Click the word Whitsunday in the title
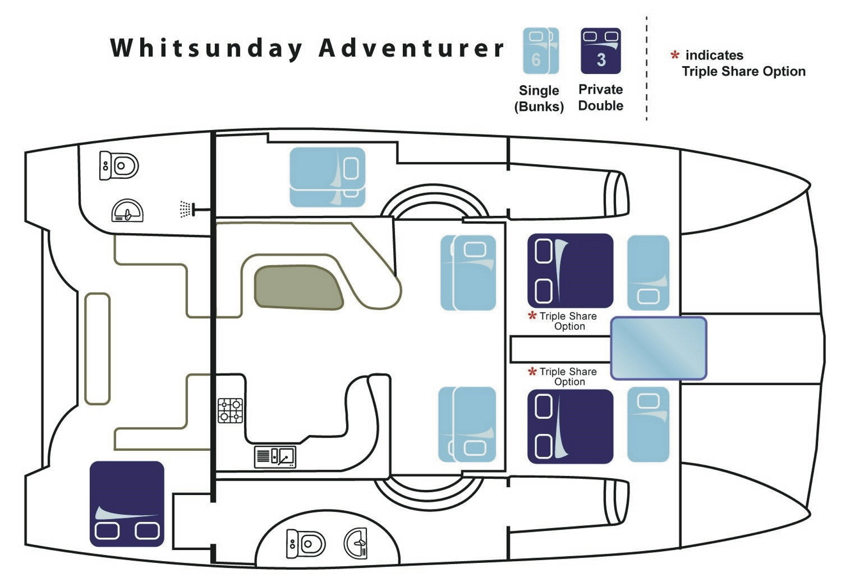pos(206,48)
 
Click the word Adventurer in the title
pos(412,48)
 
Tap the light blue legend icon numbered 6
pos(541,51)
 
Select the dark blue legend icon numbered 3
pos(601,51)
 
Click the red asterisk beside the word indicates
pos(675,56)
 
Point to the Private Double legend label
pos(601,97)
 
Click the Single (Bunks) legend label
pos(539,98)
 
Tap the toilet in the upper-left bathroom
pos(119,165)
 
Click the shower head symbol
pos(186,209)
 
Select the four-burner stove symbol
pos(230,410)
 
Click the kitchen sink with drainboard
pos(275,457)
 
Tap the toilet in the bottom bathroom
pos(305,544)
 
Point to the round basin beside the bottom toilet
pos(356,543)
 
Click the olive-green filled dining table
pos(298,287)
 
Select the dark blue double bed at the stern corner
pos(127,503)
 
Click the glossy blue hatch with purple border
pos(658,348)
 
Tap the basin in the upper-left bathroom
pos(127,211)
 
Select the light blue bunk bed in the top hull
pos(327,177)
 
